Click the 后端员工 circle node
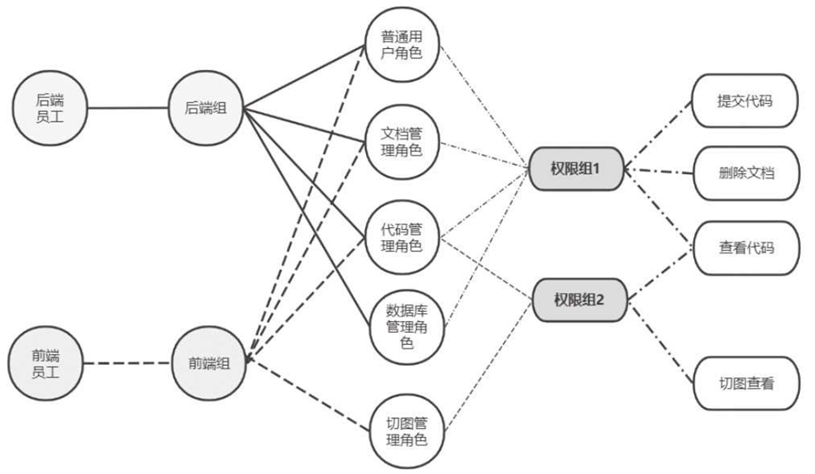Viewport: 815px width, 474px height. (x=50, y=108)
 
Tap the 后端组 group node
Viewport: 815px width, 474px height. (x=205, y=108)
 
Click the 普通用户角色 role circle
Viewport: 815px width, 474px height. (x=402, y=45)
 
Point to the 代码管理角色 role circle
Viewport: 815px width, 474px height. (x=402, y=238)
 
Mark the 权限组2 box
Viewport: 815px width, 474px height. (x=580, y=298)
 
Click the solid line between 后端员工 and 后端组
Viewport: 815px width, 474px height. (x=128, y=108)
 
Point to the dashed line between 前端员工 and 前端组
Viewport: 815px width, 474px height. (x=128, y=364)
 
